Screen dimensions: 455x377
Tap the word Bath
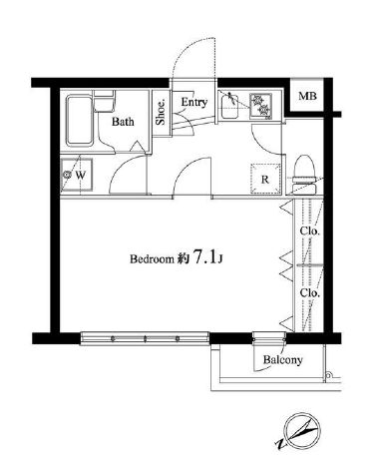tap(123, 123)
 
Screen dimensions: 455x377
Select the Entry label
tap(193, 102)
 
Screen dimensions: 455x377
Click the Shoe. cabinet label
tap(160, 111)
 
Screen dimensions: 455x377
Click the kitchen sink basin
tap(230, 104)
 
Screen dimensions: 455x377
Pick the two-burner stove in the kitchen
tap(262, 100)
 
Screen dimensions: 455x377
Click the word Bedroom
tap(153, 258)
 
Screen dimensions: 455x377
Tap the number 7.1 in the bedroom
tap(206, 256)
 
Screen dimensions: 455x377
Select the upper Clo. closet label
tap(309, 232)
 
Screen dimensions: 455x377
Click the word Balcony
tap(281, 359)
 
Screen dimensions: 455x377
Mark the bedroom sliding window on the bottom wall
tap(146, 338)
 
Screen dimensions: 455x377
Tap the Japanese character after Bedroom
tap(184, 258)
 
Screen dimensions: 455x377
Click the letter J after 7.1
tap(228, 259)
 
